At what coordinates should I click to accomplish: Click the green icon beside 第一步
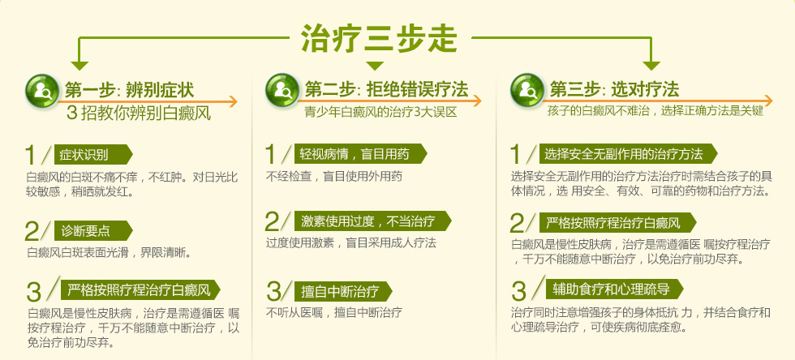tap(42, 90)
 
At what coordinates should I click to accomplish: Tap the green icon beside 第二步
tap(282, 90)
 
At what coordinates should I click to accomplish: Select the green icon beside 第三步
tap(527, 90)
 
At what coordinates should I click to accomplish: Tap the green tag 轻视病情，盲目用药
tap(360, 153)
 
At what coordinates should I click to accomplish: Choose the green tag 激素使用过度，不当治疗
tap(372, 221)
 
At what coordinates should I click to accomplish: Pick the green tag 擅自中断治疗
tap(343, 291)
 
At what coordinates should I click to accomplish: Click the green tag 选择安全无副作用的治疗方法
tap(628, 153)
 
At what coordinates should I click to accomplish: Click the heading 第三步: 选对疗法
tap(615, 90)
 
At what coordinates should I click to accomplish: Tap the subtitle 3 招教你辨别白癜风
tap(139, 114)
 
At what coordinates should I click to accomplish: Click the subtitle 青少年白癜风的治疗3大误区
tap(380, 112)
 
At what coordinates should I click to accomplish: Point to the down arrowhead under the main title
tap(375, 66)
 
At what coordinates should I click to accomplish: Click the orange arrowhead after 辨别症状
tap(232, 101)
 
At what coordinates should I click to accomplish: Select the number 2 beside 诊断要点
tap(32, 232)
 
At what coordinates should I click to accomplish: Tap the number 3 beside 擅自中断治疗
tap(274, 291)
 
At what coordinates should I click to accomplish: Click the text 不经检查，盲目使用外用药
tap(334, 177)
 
